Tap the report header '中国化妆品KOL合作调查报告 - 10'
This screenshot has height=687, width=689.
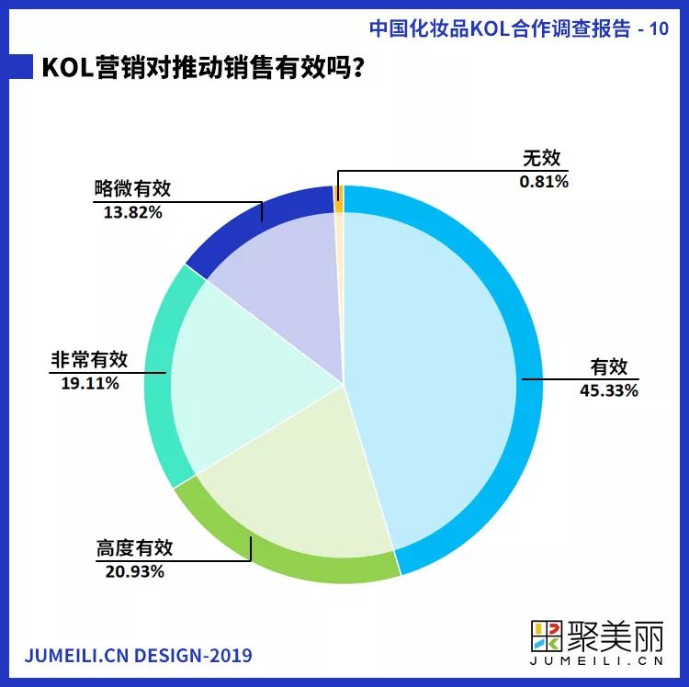click(518, 28)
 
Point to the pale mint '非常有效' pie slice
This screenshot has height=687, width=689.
click(248, 377)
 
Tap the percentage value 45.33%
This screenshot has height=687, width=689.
click(608, 389)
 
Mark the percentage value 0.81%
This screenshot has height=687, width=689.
click(544, 181)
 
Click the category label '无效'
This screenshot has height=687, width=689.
click(541, 159)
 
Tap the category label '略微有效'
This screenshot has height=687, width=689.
click(132, 189)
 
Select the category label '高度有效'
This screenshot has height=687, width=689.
click(134, 548)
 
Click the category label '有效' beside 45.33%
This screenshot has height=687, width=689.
click(608, 366)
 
